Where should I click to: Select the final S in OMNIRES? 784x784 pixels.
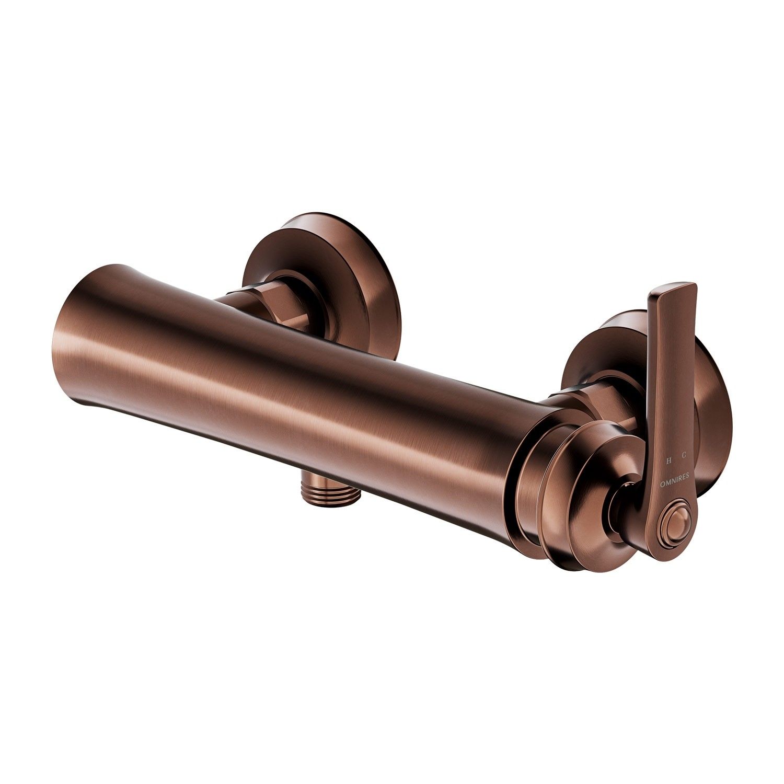click(687, 475)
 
